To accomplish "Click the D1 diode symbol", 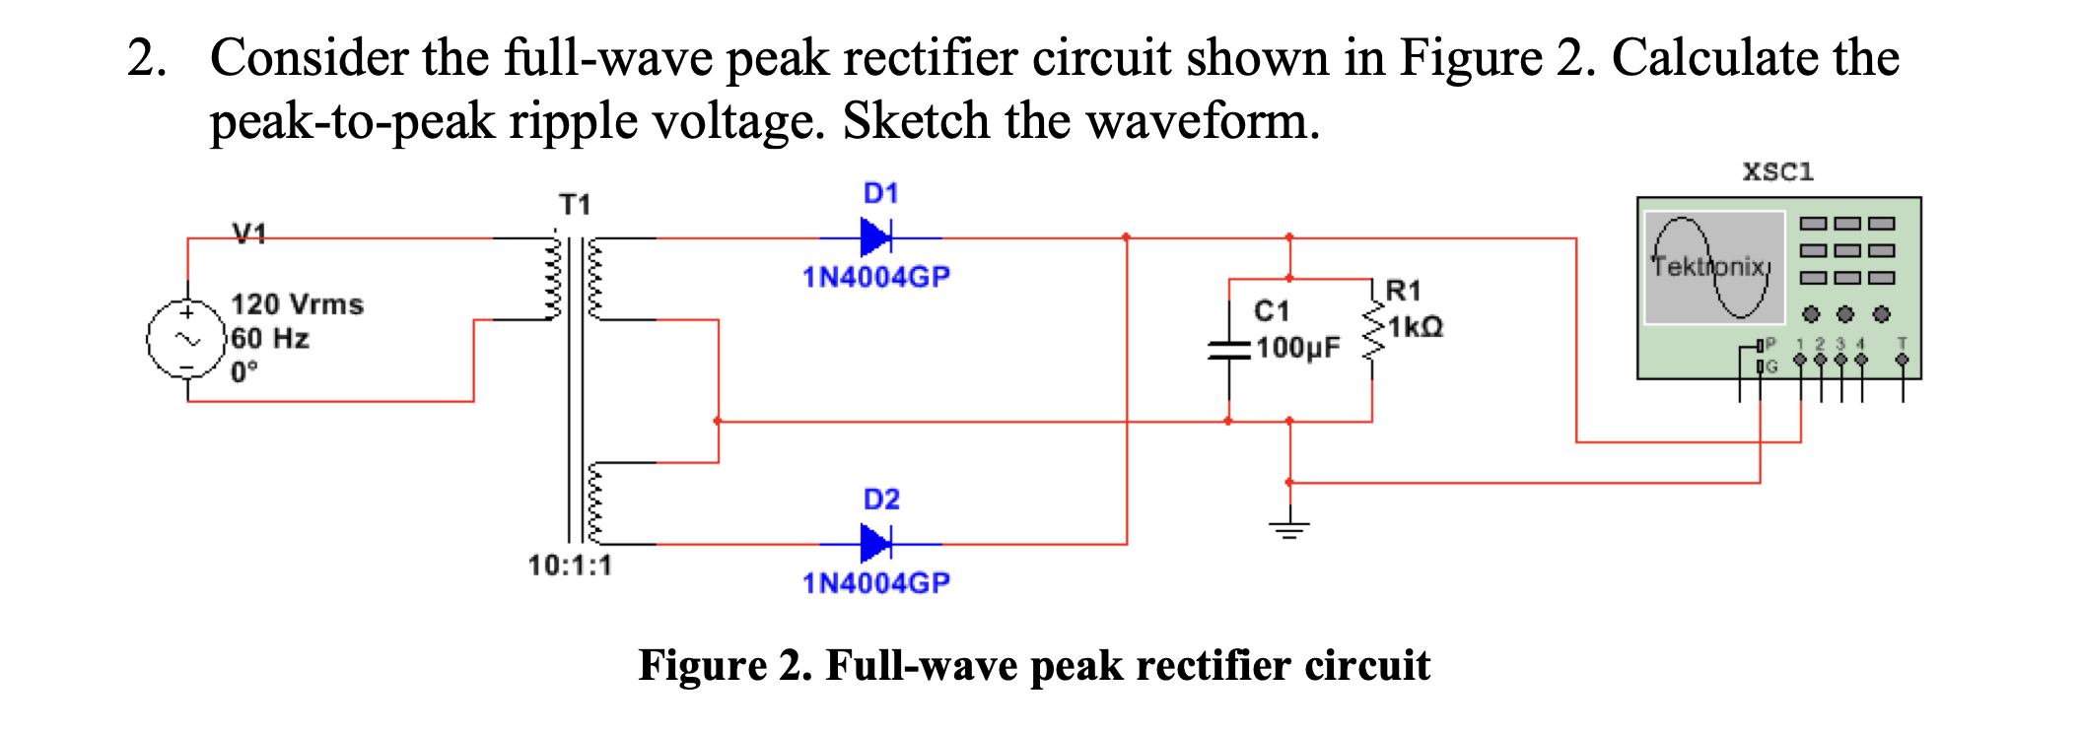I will pos(875,237).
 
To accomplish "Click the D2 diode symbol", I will pos(875,543).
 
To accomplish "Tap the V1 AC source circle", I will pos(187,339).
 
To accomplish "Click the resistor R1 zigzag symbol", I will pos(1371,333).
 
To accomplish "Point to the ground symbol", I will pos(1289,528).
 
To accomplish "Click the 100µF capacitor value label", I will pos(1297,348).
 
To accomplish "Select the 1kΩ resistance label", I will pos(1416,327).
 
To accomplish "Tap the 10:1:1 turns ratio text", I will pos(570,566).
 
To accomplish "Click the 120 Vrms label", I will pos(297,304).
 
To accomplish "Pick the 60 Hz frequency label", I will pos(270,339).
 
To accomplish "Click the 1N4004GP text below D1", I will pos(875,277).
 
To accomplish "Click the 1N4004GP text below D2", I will pos(875,583).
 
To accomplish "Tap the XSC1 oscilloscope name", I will pos(1777,171).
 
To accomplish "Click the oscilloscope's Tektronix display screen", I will pos(1713,267).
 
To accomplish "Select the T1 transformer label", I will pos(575,204).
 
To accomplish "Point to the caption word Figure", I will pos(702,665).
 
